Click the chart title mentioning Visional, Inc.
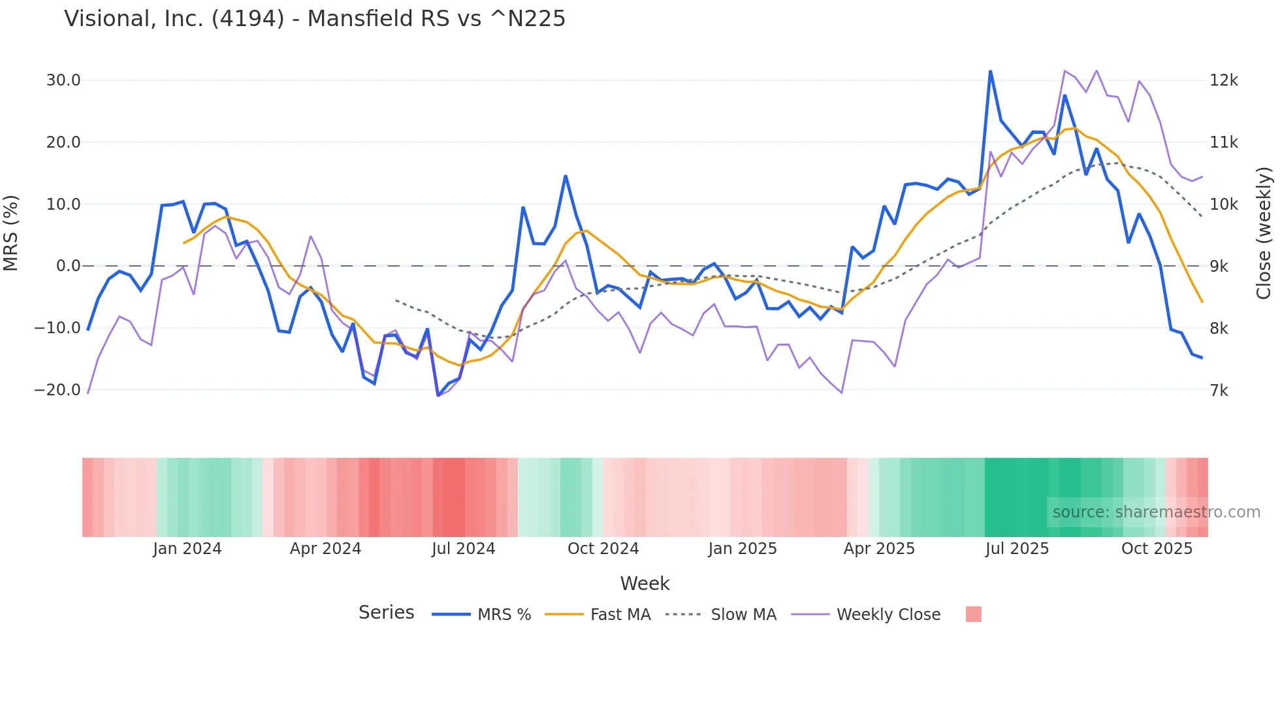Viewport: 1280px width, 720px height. [315, 19]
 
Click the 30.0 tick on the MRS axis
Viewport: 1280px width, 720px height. [63, 80]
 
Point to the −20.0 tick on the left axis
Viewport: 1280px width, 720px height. [57, 390]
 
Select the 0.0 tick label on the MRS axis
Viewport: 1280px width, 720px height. [68, 266]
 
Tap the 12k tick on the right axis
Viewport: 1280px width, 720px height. [1223, 80]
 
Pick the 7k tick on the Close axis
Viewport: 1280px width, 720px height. [1219, 391]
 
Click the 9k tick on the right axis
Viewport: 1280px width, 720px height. [1219, 267]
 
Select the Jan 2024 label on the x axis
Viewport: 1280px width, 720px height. [187, 549]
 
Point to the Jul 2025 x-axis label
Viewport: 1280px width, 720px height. [1017, 549]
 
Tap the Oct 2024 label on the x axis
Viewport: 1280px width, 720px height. [603, 549]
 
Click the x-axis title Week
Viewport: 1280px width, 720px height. [645, 583]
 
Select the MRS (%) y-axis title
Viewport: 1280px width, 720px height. [11, 233]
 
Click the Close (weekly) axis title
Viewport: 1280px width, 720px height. [1264, 233]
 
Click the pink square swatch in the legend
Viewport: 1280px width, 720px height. [973, 614]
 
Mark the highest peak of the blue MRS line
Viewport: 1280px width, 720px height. [990, 71]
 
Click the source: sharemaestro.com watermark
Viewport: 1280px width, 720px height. [1156, 512]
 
